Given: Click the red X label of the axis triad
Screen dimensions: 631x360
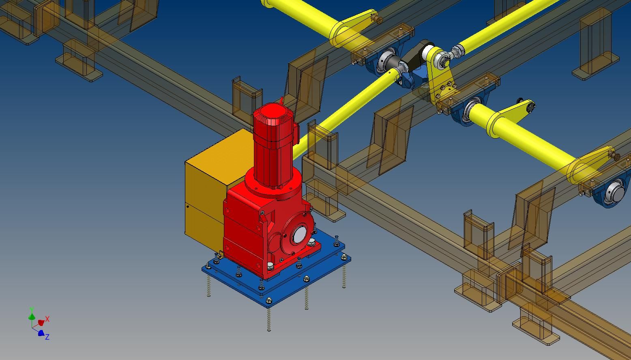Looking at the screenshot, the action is (47, 319).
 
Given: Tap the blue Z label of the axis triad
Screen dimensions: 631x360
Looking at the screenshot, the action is (47, 336).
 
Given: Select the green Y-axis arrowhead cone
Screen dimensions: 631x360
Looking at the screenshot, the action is (32, 316).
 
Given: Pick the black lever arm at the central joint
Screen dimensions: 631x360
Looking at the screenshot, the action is (416, 54).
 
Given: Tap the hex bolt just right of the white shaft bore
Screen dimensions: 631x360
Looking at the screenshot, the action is (311, 242).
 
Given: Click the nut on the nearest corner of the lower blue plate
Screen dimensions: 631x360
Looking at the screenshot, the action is (269, 300).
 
